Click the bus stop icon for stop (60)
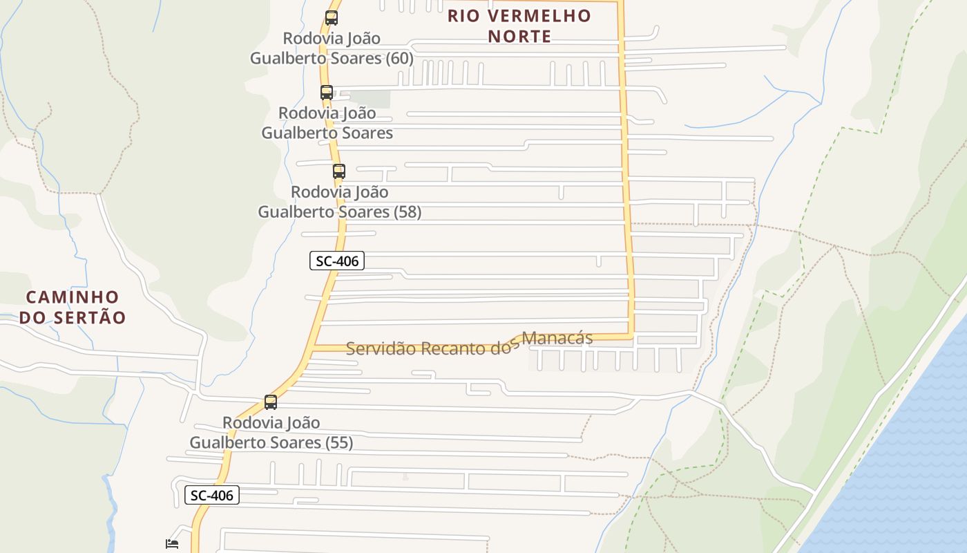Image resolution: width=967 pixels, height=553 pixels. [332, 18]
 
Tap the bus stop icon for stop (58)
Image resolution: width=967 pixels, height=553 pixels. [339, 171]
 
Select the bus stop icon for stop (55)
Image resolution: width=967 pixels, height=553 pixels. [271, 402]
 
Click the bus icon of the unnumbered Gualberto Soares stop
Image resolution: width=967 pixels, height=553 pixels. [327, 93]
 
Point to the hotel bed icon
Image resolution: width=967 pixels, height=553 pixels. [172, 544]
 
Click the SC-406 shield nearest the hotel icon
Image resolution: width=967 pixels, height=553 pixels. [212, 495]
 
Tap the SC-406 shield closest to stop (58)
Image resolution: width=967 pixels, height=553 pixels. [336, 261]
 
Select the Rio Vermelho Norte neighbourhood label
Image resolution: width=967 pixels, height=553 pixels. [519, 26]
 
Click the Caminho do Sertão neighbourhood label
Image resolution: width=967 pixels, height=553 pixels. [73, 308]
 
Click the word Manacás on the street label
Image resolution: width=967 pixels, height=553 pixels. [557, 338]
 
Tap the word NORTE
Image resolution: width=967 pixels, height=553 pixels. [519, 36]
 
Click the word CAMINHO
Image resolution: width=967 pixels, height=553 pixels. [73, 297]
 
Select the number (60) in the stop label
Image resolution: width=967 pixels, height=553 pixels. [401, 58]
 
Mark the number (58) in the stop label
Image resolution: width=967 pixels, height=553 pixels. [408, 212]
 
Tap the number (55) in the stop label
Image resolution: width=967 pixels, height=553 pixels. [339, 442]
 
